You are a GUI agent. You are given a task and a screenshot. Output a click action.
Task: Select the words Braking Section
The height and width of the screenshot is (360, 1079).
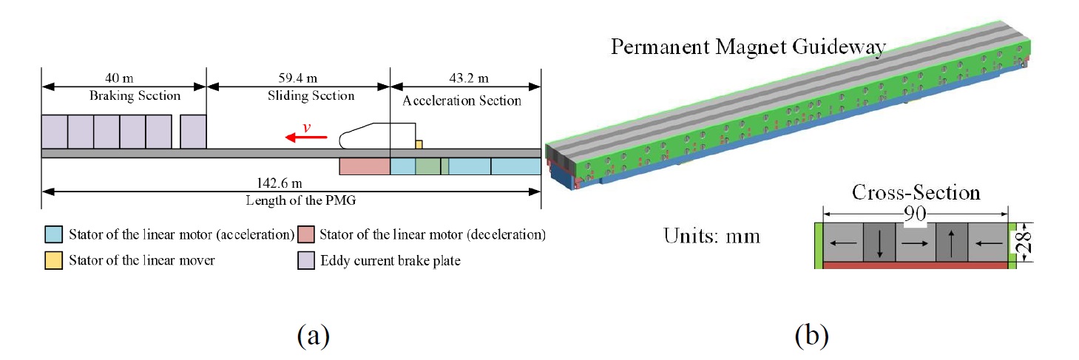coord(124,96)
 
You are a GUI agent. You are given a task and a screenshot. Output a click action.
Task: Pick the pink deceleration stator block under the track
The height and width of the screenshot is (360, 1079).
coord(364,166)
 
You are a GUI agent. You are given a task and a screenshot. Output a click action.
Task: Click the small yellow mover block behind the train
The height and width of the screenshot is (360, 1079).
coord(419,143)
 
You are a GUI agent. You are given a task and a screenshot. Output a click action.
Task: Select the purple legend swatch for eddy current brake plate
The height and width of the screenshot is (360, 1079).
coord(304,260)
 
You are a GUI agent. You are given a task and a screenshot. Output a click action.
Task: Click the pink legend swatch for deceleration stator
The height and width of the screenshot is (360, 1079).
coord(304,235)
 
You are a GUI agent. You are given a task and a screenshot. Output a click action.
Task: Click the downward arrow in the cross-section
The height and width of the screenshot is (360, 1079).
coord(879,243)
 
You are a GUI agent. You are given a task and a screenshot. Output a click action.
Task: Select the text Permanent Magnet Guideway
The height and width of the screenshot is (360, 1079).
coord(747,48)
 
